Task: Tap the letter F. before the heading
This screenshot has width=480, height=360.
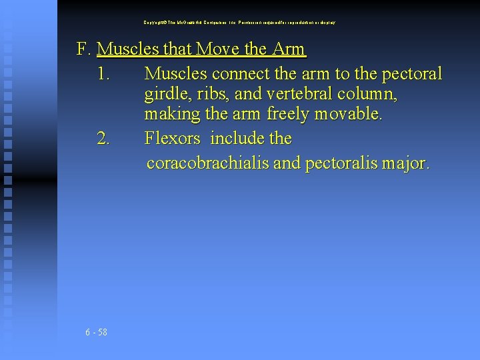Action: pyautogui.click(x=84, y=49)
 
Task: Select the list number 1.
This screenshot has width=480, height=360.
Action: pyautogui.click(x=103, y=73)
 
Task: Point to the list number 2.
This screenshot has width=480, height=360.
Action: pyautogui.click(x=103, y=139)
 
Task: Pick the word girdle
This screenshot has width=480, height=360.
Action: pyautogui.click(x=164, y=95)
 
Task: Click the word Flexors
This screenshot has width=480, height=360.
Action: pyautogui.click(x=172, y=139)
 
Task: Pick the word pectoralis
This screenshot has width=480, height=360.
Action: pyautogui.click(x=341, y=163)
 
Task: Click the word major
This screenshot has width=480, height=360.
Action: pyautogui.click(x=407, y=163)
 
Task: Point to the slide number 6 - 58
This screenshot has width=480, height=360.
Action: pyautogui.click(x=97, y=332)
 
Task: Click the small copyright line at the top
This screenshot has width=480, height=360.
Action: pyautogui.click(x=240, y=23)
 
